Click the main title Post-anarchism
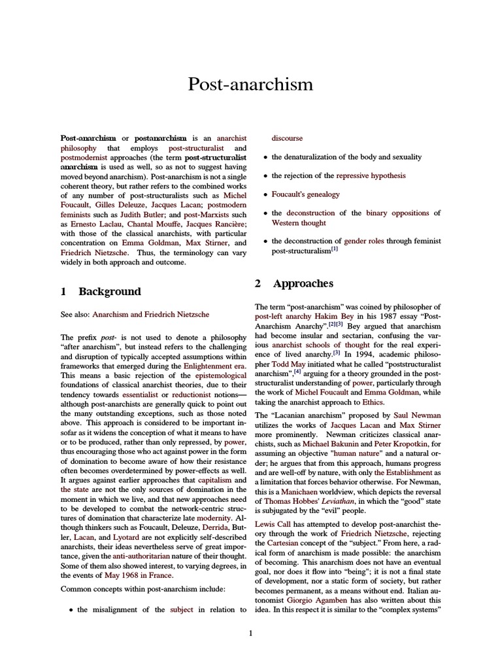click(x=250, y=84)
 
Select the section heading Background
click(x=109, y=291)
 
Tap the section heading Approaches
click(x=303, y=283)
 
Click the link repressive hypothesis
click(x=371, y=175)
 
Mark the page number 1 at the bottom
click(x=250, y=633)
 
